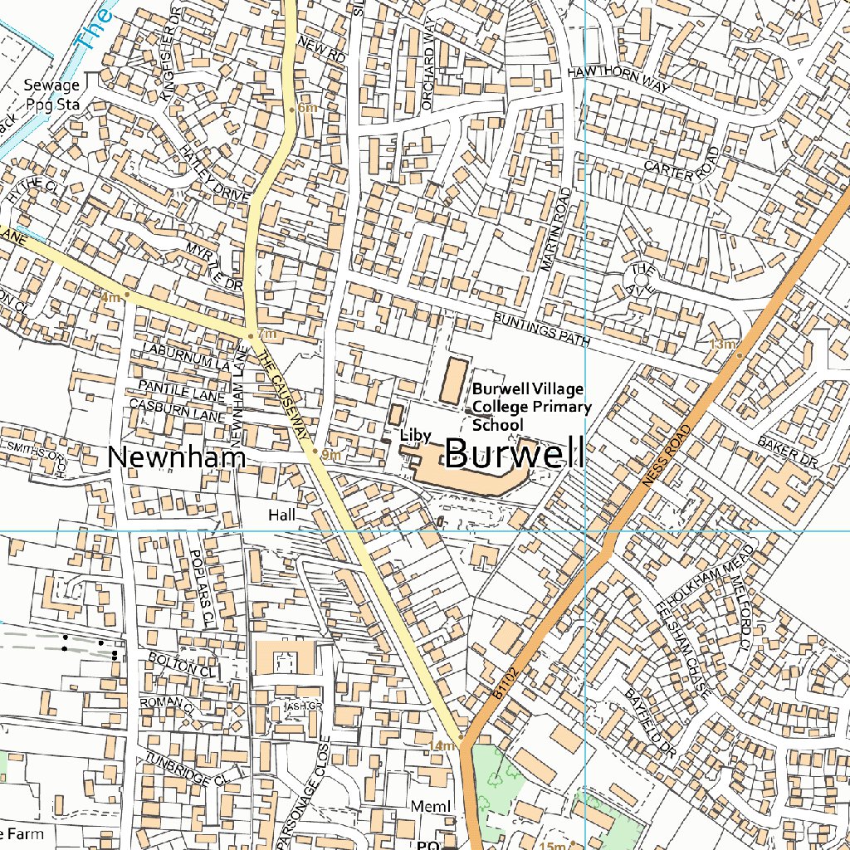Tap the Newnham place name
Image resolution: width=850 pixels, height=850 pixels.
pos(177,457)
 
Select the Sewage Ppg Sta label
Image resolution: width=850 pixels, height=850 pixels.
pos(51,93)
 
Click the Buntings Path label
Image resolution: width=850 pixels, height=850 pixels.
pos(540,330)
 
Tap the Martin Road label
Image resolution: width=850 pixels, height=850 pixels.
pos(555,229)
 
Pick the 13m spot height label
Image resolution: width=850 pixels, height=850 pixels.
pos(722,344)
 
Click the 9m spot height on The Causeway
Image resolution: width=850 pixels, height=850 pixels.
pos(330,454)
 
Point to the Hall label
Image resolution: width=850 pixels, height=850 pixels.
pos(281,515)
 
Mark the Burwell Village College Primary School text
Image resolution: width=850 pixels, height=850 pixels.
pos(532,407)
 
